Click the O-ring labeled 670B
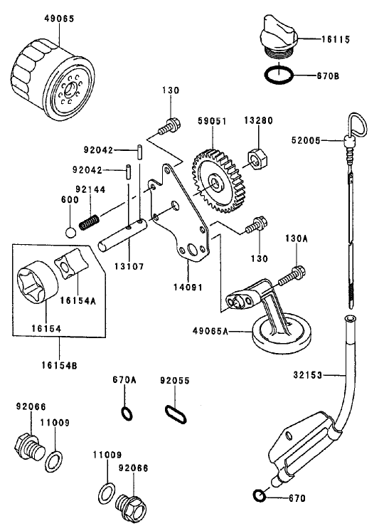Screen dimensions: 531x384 click(280, 74)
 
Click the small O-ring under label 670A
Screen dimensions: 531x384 click(127, 413)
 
